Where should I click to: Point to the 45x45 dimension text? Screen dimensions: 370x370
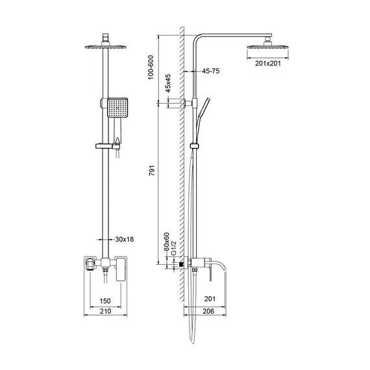tap(168, 86)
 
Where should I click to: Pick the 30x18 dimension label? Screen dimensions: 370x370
tap(123, 240)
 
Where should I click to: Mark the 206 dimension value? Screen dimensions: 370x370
tap(207, 312)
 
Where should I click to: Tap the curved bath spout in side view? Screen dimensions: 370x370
tap(223, 265)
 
